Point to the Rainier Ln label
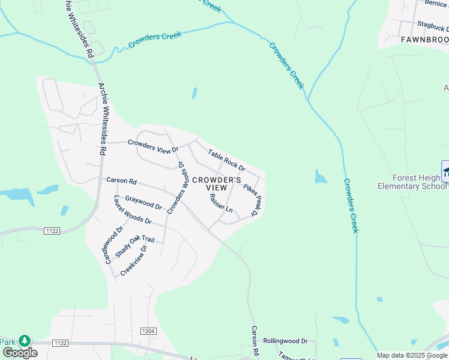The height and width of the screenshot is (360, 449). point(221,204)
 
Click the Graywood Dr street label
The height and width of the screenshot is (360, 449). point(143,203)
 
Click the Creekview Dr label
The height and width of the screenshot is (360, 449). point(133,260)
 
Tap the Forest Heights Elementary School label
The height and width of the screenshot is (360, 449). point(412,182)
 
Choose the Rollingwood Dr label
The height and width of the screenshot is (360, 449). point(285,340)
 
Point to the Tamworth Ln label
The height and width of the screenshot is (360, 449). point(295,358)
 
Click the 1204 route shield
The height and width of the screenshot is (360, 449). point(149,331)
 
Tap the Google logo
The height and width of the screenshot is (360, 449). point(20,353)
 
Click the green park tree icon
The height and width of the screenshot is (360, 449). point(25,341)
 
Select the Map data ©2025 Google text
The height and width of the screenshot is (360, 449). point(412,355)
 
